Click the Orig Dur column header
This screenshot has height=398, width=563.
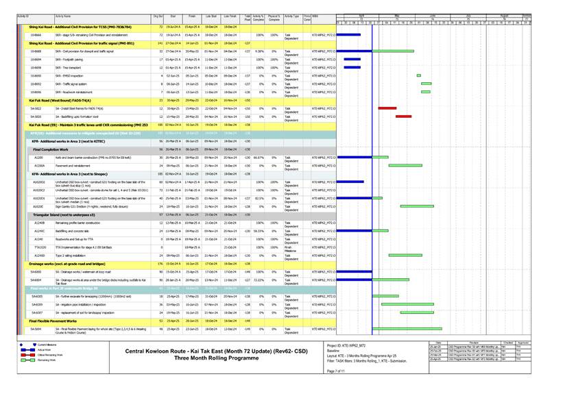point(158,15)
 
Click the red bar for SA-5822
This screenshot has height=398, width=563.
point(387,108)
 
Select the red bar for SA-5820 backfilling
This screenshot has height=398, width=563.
point(403,116)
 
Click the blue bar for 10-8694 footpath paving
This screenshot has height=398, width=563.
point(352,60)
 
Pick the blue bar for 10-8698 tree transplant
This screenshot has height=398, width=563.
point(352,68)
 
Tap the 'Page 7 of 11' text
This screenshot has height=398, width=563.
point(337,371)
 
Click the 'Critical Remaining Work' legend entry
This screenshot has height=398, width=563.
point(45,355)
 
